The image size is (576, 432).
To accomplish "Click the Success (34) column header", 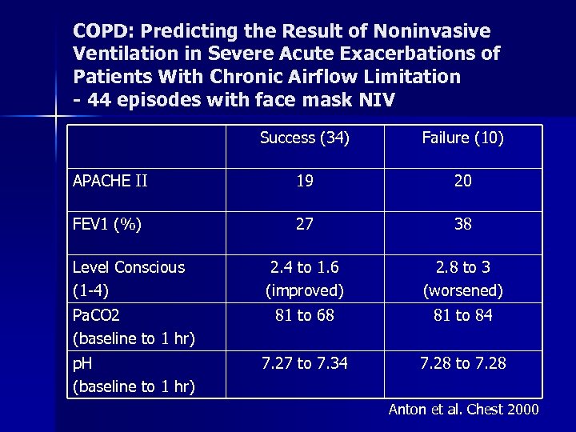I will (x=304, y=138).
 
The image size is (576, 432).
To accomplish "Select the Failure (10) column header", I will (x=462, y=138).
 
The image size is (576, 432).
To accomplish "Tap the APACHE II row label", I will (x=110, y=181).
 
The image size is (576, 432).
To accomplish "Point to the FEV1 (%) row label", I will (x=107, y=225).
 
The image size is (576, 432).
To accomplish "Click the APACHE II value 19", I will (x=304, y=182).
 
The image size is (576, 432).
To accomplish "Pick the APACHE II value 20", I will (x=462, y=182).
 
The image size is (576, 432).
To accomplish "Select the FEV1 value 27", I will (x=304, y=225).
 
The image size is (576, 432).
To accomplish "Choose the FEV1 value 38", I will (x=462, y=225).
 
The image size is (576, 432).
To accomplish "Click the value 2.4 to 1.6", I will (x=304, y=267).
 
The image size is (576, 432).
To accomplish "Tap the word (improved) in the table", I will (x=304, y=290).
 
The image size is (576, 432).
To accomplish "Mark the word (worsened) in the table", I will (x=462, y=290).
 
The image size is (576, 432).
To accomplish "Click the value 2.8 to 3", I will (x=462, y=267).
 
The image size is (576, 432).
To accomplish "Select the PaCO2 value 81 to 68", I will (x=304, y=316).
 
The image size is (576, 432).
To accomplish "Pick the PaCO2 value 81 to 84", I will (x=462, y=316).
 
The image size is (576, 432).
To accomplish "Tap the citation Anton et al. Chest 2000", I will (x=463, y=410).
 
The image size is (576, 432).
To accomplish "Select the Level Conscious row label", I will (x=128, y=267).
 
